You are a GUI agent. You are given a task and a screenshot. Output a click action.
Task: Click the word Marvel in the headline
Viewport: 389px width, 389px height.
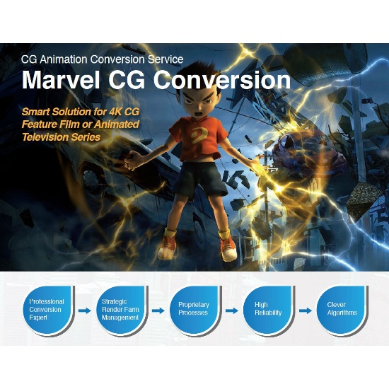[61, 79]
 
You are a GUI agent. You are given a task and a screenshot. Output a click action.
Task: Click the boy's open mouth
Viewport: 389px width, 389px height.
[199, 115]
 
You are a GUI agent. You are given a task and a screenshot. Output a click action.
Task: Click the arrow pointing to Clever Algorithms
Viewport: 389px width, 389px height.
[306, 310]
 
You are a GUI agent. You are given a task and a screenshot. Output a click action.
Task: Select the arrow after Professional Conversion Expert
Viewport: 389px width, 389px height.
[85, 310]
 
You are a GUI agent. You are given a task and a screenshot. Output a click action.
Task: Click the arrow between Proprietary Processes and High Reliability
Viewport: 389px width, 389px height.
[232, 310]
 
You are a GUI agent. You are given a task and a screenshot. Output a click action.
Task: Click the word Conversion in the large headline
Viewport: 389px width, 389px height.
[222, 80]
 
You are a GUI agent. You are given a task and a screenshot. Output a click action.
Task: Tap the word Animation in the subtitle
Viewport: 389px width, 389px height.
[64, 59]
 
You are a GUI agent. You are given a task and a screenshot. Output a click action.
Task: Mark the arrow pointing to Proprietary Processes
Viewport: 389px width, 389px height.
[158, 310]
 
